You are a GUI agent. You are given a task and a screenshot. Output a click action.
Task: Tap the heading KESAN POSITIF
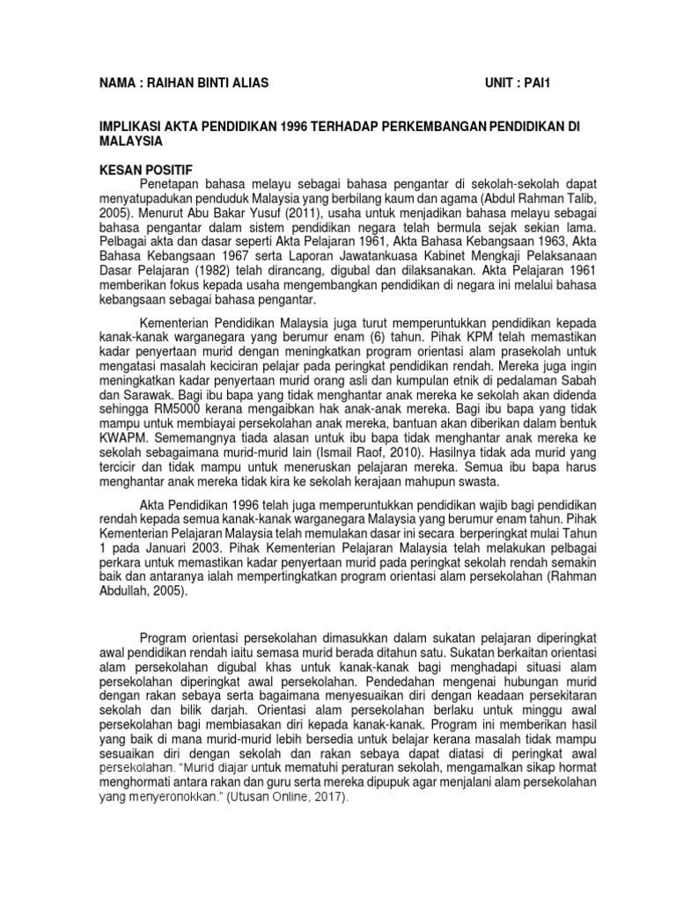pos(144,168)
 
